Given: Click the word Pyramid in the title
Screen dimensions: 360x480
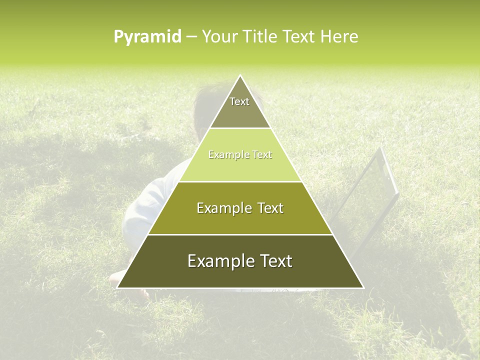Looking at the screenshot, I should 147,37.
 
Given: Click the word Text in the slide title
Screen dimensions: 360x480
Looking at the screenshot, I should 299,37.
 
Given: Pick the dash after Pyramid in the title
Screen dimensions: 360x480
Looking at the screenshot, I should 191,37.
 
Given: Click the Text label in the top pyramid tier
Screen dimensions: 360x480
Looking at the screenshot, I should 239,101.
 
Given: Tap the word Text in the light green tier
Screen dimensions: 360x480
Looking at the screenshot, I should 262,155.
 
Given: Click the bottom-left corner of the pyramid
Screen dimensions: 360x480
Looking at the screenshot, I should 117,287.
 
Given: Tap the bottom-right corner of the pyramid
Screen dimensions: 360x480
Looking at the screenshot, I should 363,287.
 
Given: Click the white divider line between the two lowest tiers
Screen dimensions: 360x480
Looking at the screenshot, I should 240,234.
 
